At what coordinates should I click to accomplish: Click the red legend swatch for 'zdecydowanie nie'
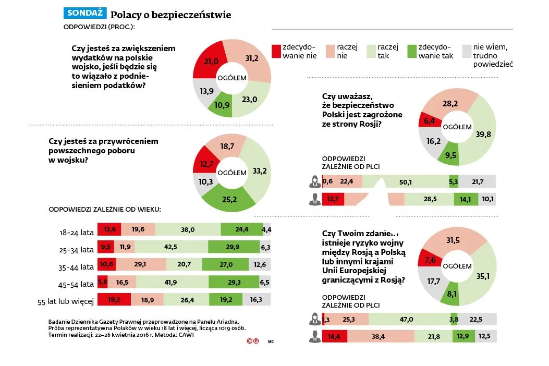(x=276, y=51)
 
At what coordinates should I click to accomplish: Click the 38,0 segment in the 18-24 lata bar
(x=188, y=229)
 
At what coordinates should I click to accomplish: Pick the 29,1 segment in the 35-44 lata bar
(x=140, y=265)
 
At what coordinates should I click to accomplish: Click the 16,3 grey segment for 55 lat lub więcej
(x=256, y=299)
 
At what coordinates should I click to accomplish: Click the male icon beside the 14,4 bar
(x=314, y=337)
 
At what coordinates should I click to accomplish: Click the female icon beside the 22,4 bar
(x=314, y=181)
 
